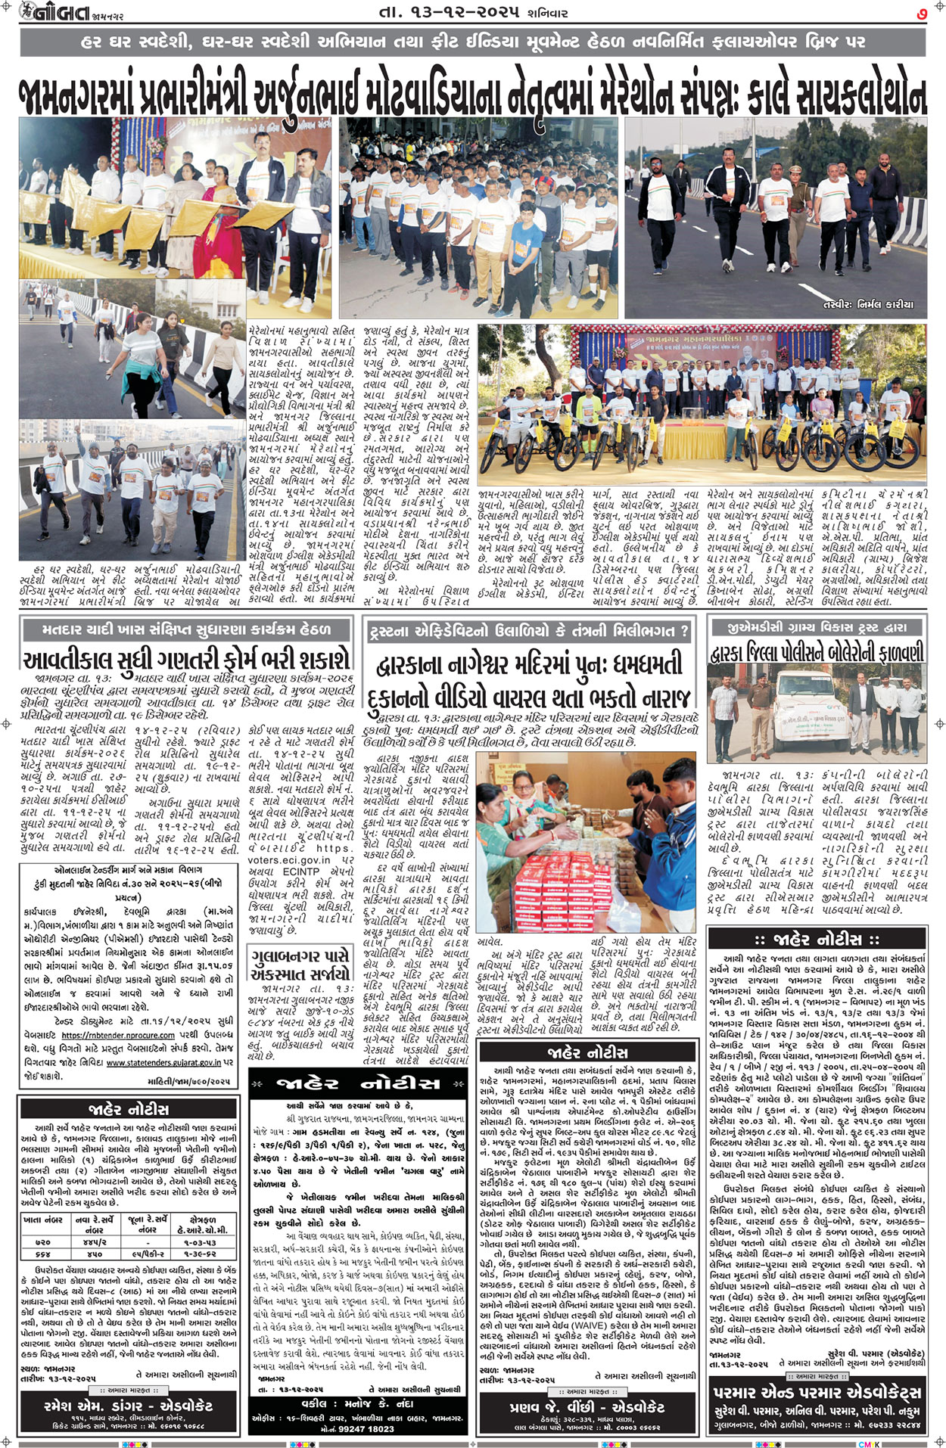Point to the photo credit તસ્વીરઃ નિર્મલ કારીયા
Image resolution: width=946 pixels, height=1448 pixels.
(867, 304)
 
